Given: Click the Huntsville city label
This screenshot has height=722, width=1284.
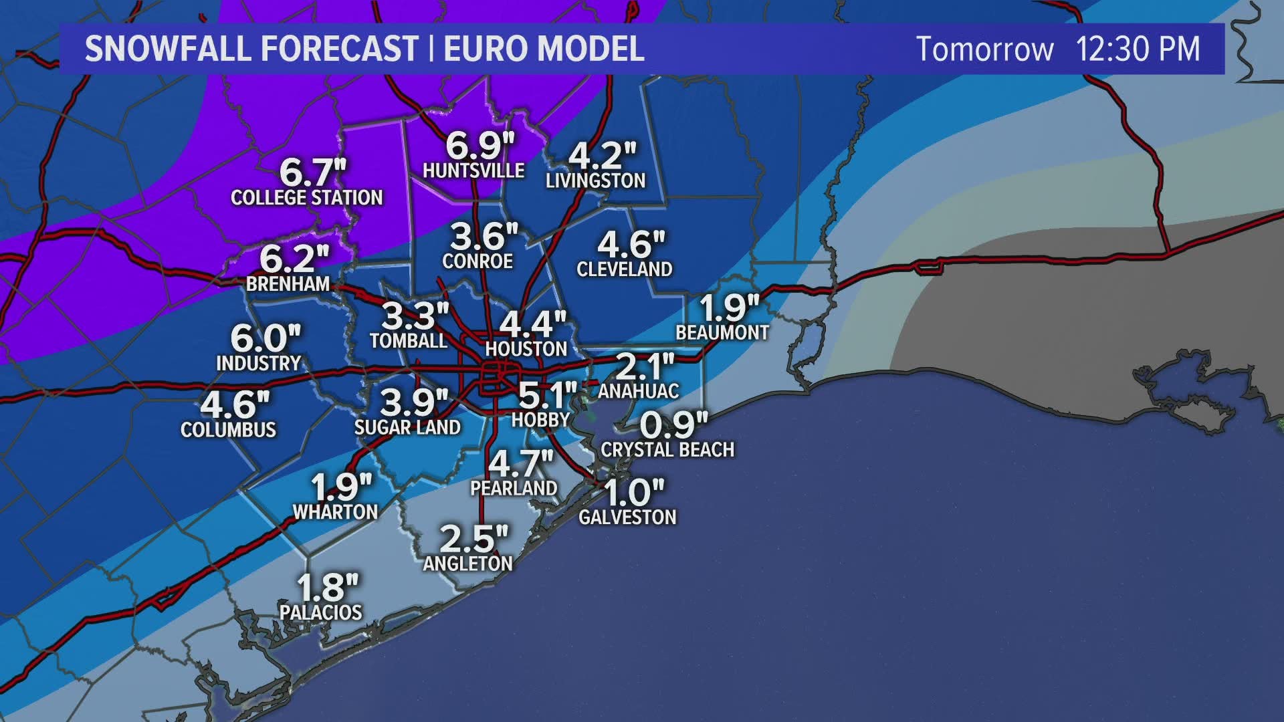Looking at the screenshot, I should coord(473,170).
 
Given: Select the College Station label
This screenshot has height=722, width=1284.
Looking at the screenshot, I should coord(306,198).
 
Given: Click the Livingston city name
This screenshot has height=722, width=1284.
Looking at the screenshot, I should coord(595,180).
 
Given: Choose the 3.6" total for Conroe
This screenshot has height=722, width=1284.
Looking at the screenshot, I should coord(484,236).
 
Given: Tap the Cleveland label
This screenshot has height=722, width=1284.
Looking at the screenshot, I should coord(624,269).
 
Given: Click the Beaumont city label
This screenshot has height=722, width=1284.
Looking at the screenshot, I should coord(722,332).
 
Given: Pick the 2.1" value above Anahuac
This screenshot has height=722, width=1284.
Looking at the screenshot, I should coord(644,366).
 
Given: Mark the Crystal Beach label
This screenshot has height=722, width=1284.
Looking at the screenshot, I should coord(667,450).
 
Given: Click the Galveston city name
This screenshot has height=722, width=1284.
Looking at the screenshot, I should coord(627,517).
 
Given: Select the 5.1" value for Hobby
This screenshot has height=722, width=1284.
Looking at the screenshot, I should coord(547,396).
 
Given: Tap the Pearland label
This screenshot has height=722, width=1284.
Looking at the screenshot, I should coord(514,488).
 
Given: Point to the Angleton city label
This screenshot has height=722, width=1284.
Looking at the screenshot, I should coord(467,564).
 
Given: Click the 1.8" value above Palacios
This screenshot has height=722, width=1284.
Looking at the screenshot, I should coord(327,588).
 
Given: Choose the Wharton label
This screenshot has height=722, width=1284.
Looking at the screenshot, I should coord(335,512).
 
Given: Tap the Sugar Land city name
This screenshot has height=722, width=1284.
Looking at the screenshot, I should coord(407,427).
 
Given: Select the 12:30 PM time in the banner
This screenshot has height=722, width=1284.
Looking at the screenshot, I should coord(1138,49).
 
